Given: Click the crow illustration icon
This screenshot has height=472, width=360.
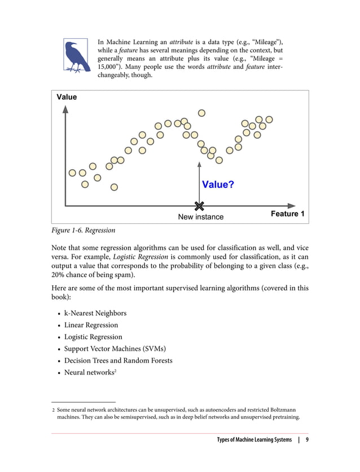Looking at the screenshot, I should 75,56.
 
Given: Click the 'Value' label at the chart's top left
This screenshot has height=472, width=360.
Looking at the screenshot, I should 67,98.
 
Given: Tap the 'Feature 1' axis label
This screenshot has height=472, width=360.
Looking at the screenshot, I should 287,214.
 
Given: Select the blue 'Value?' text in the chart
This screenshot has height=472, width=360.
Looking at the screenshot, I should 218,185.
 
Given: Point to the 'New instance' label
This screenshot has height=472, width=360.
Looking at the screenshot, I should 200,217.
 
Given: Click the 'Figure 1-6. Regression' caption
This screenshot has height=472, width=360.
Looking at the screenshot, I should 83,231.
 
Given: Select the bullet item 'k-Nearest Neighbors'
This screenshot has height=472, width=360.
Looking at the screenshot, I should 95,313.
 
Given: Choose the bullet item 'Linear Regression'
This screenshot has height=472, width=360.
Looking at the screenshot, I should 91,325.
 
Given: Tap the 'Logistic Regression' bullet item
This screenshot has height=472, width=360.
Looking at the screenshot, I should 93,337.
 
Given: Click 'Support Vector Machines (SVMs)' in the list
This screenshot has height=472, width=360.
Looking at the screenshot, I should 115,349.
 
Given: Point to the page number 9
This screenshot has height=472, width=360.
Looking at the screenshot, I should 307,440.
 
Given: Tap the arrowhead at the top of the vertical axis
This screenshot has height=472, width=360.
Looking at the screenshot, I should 66,109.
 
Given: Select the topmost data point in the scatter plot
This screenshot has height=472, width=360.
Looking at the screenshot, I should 201,113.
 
